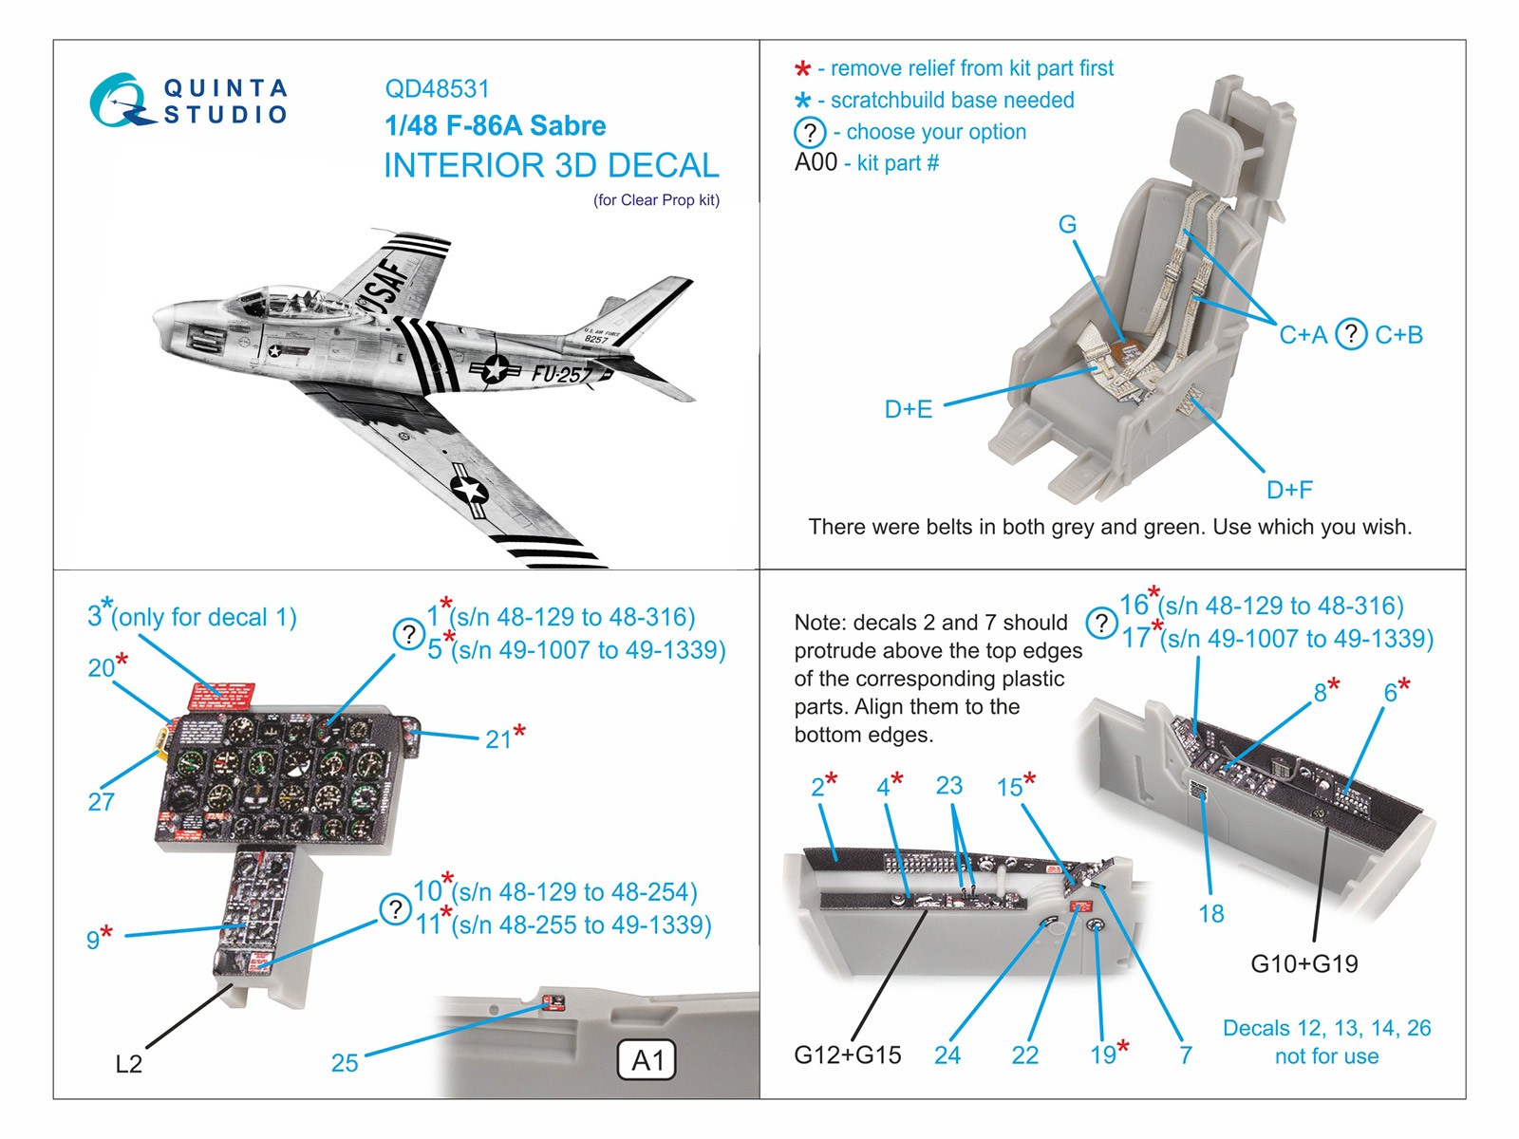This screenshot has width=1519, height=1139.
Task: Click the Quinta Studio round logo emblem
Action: (120, 101)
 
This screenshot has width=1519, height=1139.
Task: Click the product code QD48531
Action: (437, 89)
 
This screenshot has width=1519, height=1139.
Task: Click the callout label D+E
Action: (909, 409)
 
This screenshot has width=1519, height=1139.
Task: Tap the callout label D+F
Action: (1289, 490)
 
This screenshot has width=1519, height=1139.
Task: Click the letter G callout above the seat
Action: (1068, 225)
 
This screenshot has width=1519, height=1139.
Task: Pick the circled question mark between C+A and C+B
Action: (1351, 334)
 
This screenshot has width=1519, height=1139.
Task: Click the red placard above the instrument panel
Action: (222, 696)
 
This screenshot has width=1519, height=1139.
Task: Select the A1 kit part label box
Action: (647, 1060)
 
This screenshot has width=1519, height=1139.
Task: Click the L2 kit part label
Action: (128, 1064)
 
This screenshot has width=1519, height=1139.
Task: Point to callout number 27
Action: (102, 802)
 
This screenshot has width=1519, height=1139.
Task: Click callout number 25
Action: (345, 1063)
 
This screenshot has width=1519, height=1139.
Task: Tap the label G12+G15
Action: (847, 1055)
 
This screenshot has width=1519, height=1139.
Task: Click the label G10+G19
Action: (1303, 963)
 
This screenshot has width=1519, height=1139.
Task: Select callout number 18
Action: (1210, 913)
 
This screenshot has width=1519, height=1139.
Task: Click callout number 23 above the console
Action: (948, 786)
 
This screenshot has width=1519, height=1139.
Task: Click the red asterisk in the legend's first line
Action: (803, 68)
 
